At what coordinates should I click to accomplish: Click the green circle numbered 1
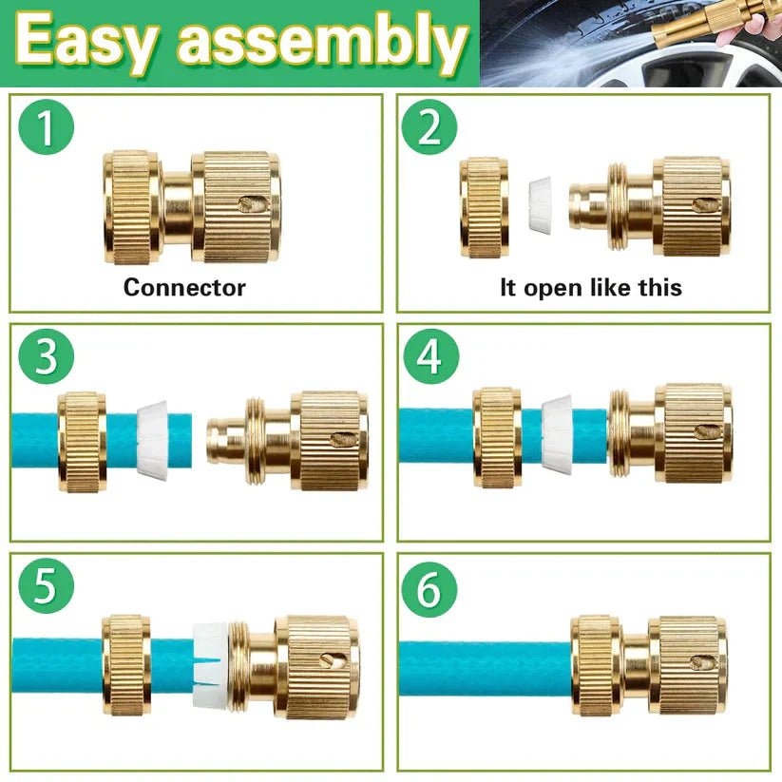click(x=46, y=127)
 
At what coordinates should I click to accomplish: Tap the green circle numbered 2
click(x=429, y=127)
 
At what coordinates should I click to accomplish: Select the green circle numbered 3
click(x=46, y=356)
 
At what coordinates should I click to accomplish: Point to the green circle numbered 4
click(x=430, y=356)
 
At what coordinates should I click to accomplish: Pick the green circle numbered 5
click(x=46, y=586)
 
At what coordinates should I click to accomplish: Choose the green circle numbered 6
click(x=429, y=589)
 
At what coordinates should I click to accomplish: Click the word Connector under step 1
click(x=184, y=288)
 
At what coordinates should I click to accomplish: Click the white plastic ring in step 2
click(x=540, y=204)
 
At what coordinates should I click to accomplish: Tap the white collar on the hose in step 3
click(x=152, y=440)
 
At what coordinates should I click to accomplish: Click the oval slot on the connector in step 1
click(x=252, y=204)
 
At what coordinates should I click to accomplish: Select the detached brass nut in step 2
click(x=485, y=207)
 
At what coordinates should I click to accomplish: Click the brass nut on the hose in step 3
click(x=83, y=442)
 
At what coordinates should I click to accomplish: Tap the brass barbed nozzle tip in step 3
click(x=226, y=442)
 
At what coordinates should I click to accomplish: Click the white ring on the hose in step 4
click(x=557, y=434)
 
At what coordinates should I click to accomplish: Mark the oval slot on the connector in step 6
click(x=703, y=662)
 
